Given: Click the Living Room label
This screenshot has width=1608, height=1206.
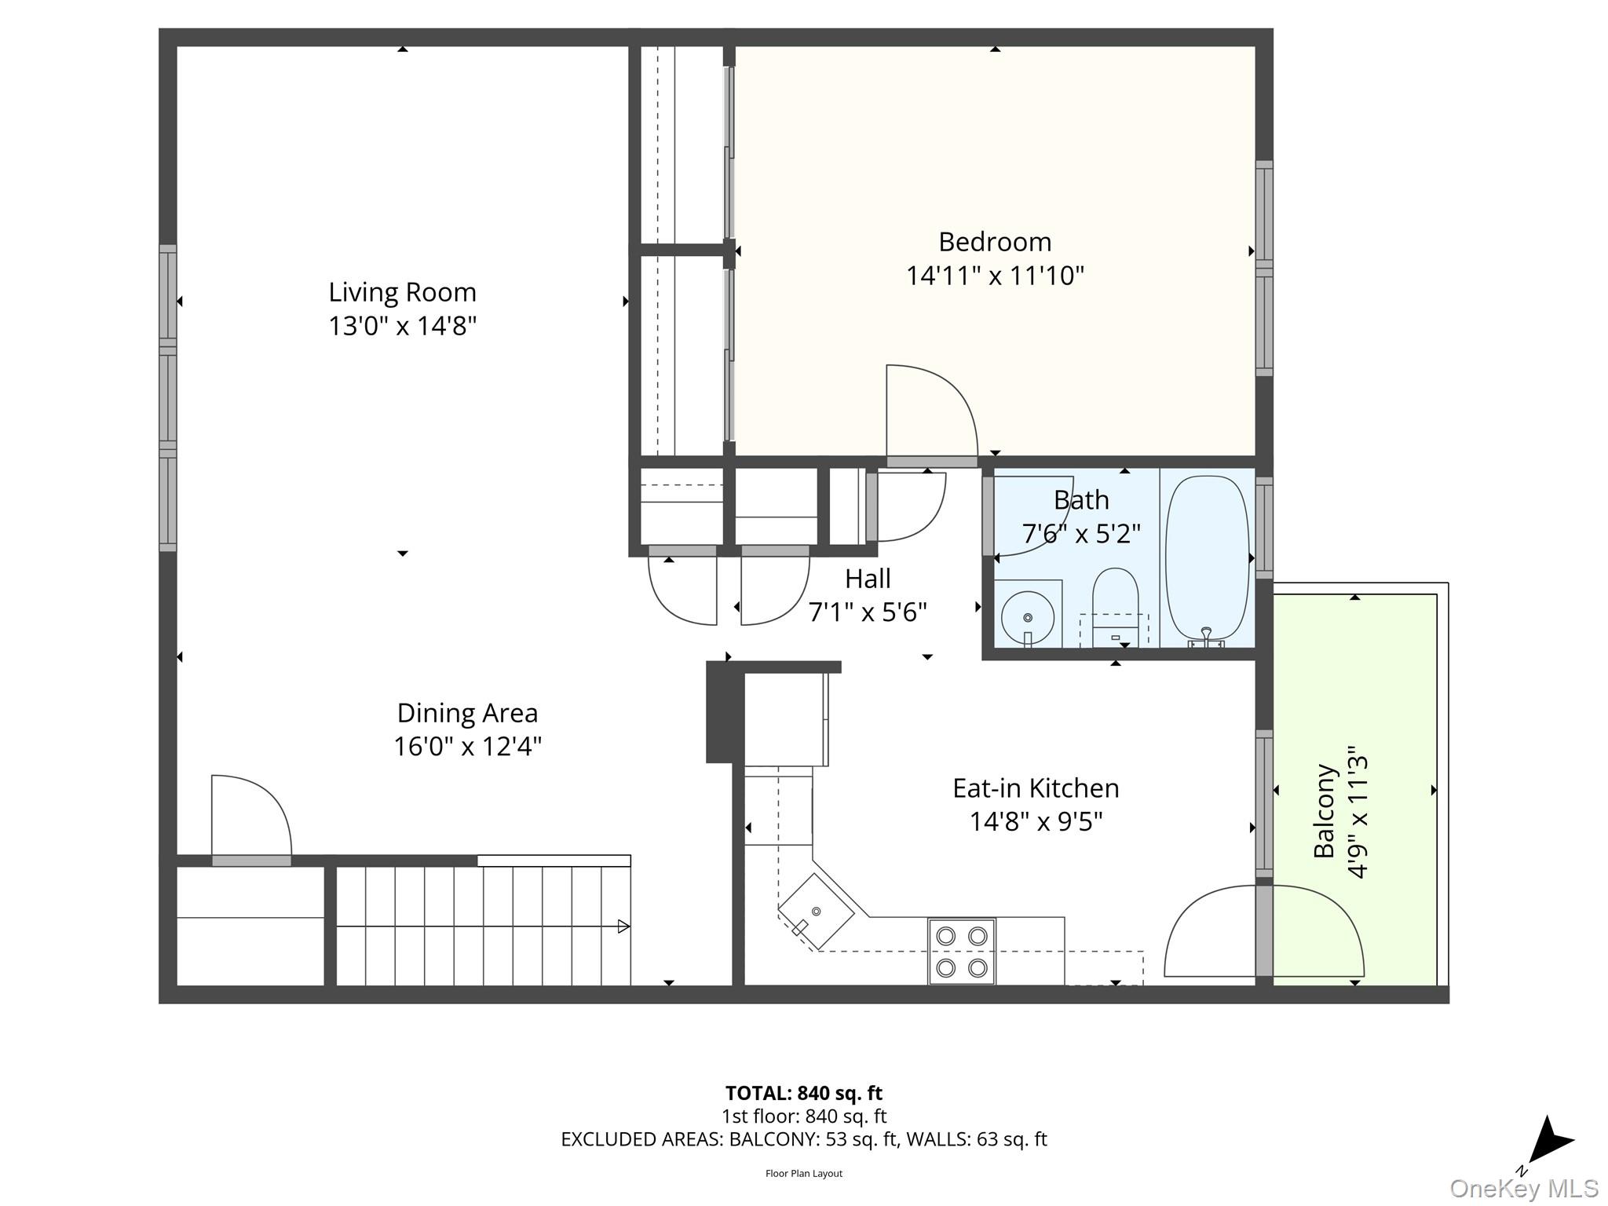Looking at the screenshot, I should [x=402, y=292].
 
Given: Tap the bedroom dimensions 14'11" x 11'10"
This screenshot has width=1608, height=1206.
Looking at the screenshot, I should [x=995, y=276].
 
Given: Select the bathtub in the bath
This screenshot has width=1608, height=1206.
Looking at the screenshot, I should [x=1207, y=558].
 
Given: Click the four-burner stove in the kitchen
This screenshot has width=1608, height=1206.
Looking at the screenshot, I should [x=962, y=951].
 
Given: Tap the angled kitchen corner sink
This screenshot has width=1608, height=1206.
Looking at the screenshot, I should [x=816, y=912].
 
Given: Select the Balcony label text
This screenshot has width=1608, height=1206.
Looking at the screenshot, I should [x=1325, y=811].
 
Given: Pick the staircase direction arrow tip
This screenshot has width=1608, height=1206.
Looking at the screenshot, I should [x=624, y=926].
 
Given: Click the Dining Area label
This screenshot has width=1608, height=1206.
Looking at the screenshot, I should [x=467, y=713].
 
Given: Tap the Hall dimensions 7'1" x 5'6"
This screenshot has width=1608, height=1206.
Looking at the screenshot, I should [x=868, y=612].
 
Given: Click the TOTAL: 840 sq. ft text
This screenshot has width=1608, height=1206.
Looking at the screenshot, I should [x=803, y=1093].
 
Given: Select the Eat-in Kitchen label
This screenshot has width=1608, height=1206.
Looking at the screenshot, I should [x=1036, y=788].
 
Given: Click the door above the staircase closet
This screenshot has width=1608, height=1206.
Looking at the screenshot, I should [x=251, y=817].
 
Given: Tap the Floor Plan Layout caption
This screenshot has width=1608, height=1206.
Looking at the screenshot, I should [x=803, y=1173].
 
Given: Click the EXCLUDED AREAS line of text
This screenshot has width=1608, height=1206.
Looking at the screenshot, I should [x=803, y=1139].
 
